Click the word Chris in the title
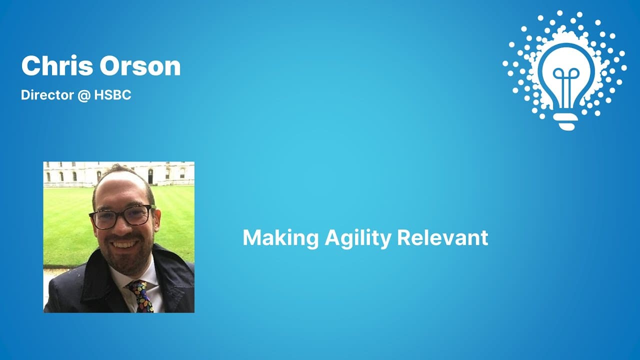pyautogui.click(x=57, y=66)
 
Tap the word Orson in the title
pyautogui.click(x=140, y=66)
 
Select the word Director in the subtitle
pyautogui.click(x=47, y=95)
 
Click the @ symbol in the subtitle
pyautogui.click(x=83, y=95)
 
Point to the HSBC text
pyautogui.click(x=112, y=95)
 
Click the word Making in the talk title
pyautogui.click(x=280, y=237)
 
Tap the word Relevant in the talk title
pyautogui.click(x=442, y=237)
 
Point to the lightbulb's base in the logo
pyautogui.click(x=566, y=121)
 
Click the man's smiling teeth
pyautogui.click(x=124, y=245)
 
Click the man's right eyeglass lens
pyautogui.click(x=104, y=219)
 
